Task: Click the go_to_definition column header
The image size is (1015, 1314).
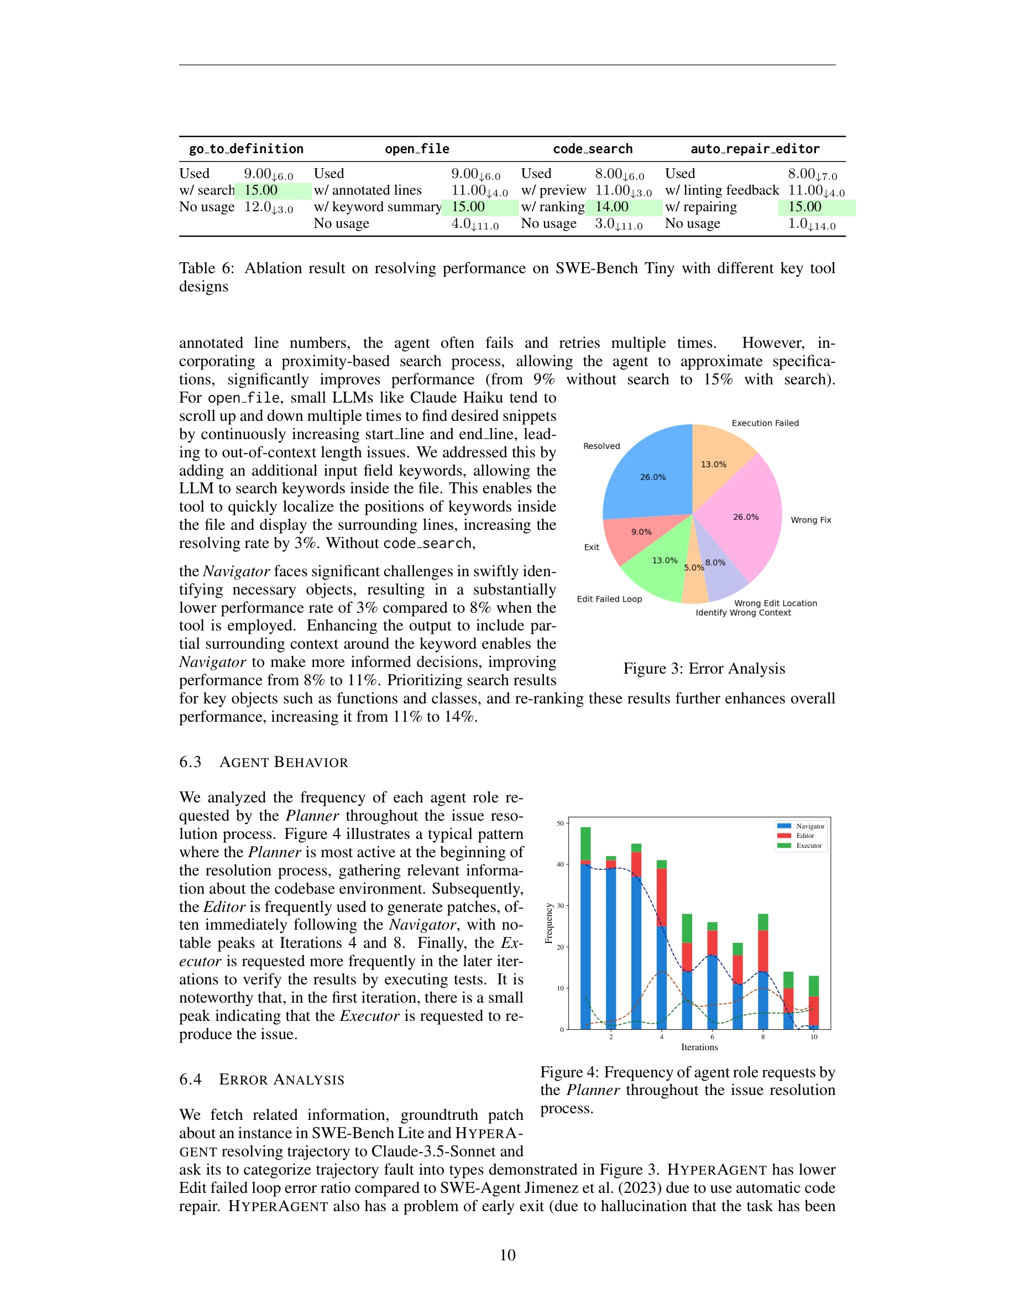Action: pyautogui.click(x=246, y=149)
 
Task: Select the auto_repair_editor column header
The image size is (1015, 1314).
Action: pyautogui.click(x=755, y=149)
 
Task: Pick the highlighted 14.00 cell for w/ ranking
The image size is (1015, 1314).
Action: pyautogui.click(x=612, y=207)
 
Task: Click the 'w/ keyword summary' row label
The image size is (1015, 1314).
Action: pyautogui.click(x=378, y=207)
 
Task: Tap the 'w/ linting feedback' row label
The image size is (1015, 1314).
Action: pyautogui.click(x=721, y=190)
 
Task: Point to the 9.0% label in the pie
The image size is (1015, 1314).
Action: pyautogui.click(x=641, y=532)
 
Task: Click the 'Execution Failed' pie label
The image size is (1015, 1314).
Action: pyautogui.click(x=765, y=423)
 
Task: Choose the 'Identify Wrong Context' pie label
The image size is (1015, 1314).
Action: pyautogui.click(x=743, y=612)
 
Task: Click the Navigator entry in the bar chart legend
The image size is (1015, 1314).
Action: pyautogui.click(x=810, y=826)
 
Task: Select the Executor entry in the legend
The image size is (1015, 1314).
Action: pyautogui.click(x=809, y=846)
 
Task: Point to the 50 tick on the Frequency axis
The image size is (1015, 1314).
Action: pyautogui.click(x=561, y=823)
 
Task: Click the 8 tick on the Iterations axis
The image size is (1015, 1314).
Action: pyautogui.click(x=763, y=1036)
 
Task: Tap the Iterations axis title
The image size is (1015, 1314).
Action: pyautogui.click(x=699, y=1047)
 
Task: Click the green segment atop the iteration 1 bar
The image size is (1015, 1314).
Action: pyautogui.click(x=585, y=843)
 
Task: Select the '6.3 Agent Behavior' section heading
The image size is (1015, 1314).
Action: pyautogui.click(x=263, y=762)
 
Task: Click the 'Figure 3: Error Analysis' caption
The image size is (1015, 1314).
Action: pyautogui.click(x=704, y=669)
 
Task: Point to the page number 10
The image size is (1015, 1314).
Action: pyautogui.click(x=507, y=1255)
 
